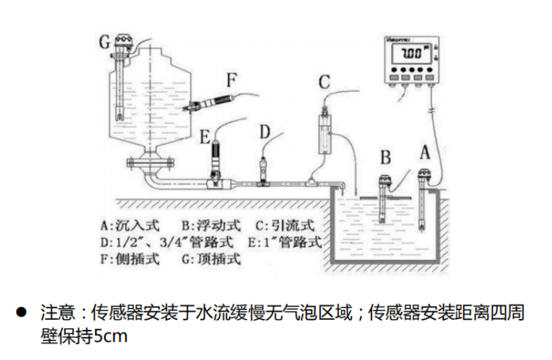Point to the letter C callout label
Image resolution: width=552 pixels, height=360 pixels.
coord(324,82)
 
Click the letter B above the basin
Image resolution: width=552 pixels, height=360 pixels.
coord(386,158)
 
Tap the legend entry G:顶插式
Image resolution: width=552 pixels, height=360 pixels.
coord(213,259)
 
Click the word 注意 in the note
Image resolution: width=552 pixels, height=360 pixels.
coord(54,313)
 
